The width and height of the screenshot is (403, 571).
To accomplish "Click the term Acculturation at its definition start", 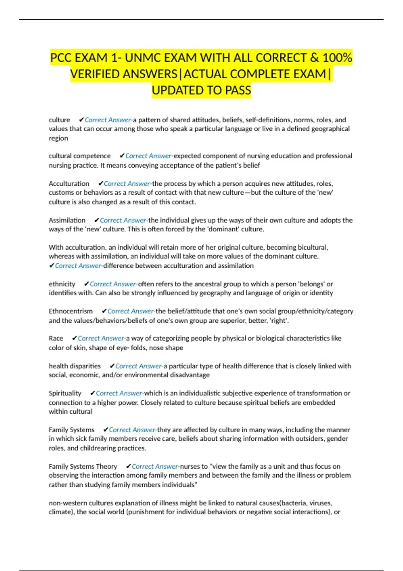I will [69, 184].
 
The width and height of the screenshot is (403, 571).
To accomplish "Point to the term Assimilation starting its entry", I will [67, 220].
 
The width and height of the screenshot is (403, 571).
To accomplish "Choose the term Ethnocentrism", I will [71, 311].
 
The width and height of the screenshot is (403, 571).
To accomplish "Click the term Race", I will [56, 338].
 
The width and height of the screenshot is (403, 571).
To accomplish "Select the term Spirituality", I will [65, 393].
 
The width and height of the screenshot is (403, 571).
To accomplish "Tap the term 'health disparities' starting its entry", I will [75, 366].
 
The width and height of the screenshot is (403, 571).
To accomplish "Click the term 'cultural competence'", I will [80, 156].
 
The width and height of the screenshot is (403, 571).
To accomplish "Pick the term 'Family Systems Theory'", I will [83, 467].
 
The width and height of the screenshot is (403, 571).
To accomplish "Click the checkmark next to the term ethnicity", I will [86, 284].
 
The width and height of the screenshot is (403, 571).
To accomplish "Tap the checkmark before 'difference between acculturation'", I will [51, 266].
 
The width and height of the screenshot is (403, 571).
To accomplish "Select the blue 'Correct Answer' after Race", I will [101, 338].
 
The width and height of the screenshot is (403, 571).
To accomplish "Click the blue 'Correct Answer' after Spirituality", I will [119, 393].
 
